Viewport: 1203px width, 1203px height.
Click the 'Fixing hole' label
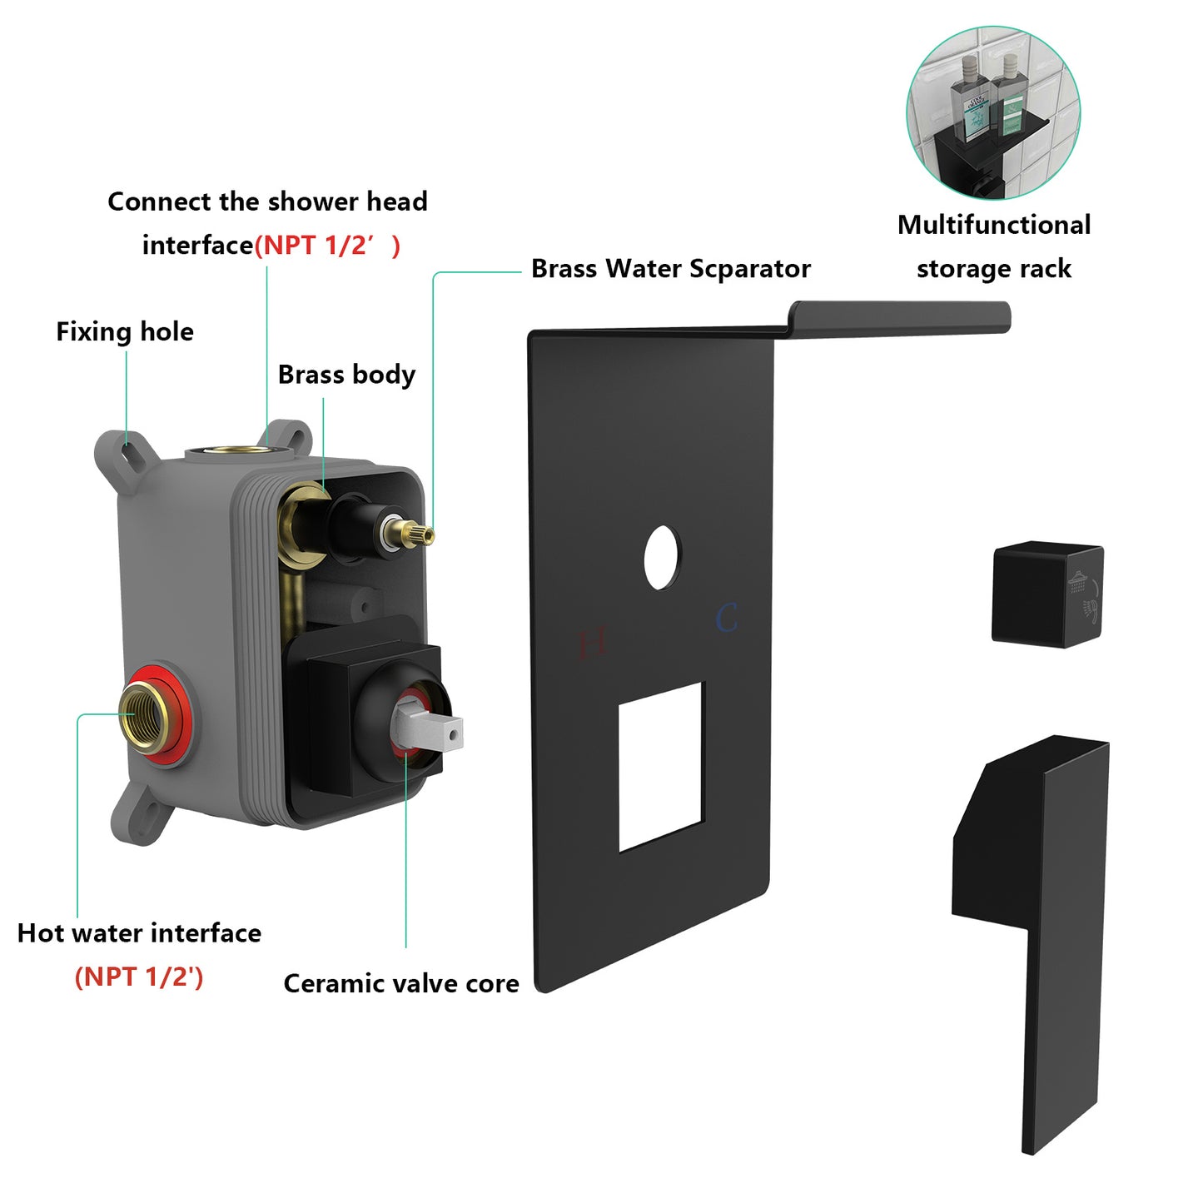tap(125, 331)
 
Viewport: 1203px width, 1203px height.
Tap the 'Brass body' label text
tap(346, 375)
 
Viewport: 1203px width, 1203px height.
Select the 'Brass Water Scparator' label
tap(670, 269)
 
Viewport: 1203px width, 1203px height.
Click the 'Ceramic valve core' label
tap(401, 983)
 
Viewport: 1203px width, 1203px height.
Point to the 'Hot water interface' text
tap(139, 933)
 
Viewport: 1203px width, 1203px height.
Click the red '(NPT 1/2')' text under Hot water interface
tap(139, 977)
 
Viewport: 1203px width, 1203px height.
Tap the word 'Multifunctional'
tap(994, 225)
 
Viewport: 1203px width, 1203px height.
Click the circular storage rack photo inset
tap(992, 113)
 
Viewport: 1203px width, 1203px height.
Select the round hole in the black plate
tap(662, 557)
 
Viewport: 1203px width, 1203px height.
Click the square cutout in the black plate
tap(661, 766)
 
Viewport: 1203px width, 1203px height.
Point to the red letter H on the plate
tap(591, 644)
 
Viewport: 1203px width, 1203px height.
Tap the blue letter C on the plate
tap(726, 619)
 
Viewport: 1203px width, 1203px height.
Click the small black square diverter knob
tap(1046, 594)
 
